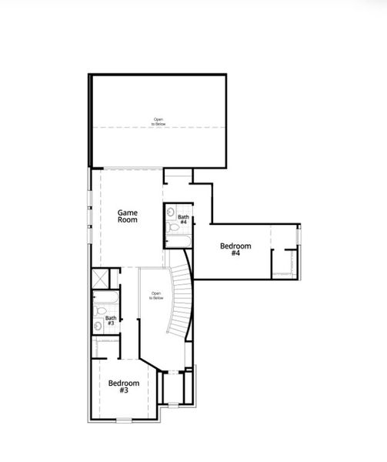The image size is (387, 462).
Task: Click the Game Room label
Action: pyautogui.click(x=127, y=216)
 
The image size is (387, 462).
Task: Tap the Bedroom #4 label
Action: pyautogui.click(x=235, y=249)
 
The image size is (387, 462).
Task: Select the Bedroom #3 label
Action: pyautogui.click(x=123, y=387)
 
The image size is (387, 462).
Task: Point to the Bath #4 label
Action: pyautogui.click(x=183, y=219)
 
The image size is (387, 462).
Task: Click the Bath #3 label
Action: pyautogui.click(x=111, y=320)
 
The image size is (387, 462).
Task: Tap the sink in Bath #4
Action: pyautogui.click(x=170, y=210)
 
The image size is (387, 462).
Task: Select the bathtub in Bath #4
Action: pyautogui.click(x=178, y=242)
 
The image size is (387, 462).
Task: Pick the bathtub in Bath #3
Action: pyautogui.click(x=105, y=297)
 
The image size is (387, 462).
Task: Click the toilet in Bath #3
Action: pyautogui.click(x=99, y=313)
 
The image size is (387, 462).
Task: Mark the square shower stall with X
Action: pyautogui.click(x=99, y=277)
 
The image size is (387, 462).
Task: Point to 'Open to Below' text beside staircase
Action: pyautogui.click(x=156, y=295)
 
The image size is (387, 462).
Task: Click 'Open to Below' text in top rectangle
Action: pyautogui.click(x=158, y=121)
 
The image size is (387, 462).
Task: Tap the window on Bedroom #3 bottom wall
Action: pyautogui.click(x=124, y=420)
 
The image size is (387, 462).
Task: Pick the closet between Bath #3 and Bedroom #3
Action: pyautogui.click(x=106, y=347)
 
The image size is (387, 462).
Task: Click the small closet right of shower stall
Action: pyautogui.click(x=115, y=277)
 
